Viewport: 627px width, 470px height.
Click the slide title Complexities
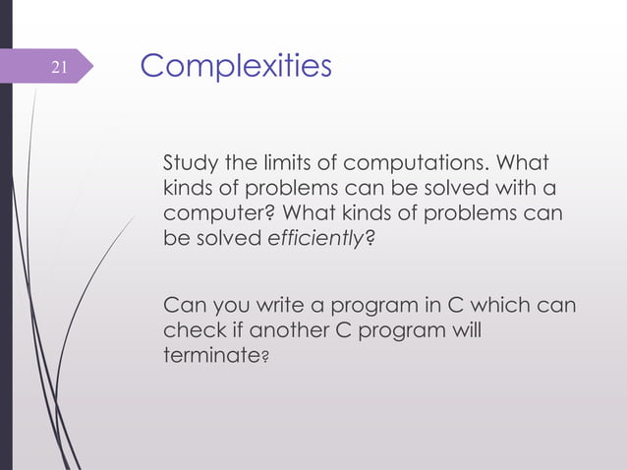[236, 66]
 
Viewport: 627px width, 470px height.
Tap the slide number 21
[58, 67]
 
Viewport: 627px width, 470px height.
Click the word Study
[188, 162]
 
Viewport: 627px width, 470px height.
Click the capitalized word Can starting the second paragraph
[182, 305]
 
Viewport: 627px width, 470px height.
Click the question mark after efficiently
[370, 238]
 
